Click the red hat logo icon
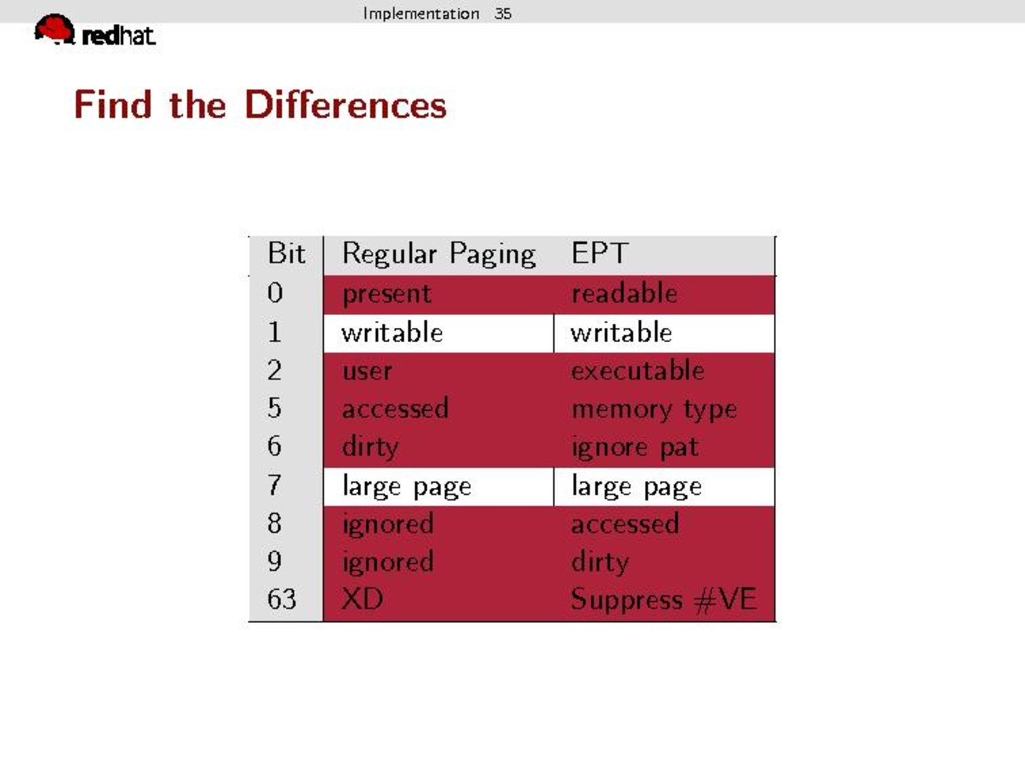(x=54, y=29)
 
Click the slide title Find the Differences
(x=260, y=105)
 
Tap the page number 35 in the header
(x=503, y=14)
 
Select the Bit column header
(x=286, y=254)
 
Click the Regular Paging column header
(x=439, y=255)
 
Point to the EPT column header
(x=600, y=254)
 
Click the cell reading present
(x=387, y=295)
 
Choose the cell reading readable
(x=625, y=293)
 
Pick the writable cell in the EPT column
(x=621, y=332)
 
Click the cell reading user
(x=367, y=372)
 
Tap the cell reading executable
(x=638, y=371)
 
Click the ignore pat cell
(x=635, y=448)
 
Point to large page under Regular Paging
(x=407, y=487)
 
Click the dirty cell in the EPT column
(x=600, y=562)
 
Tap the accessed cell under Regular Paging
(x=396, y=409)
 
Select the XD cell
(x=362, y=599)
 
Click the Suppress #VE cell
(x=664, y=599)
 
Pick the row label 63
(x=282, y=599)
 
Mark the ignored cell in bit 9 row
(x=388, y=562)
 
